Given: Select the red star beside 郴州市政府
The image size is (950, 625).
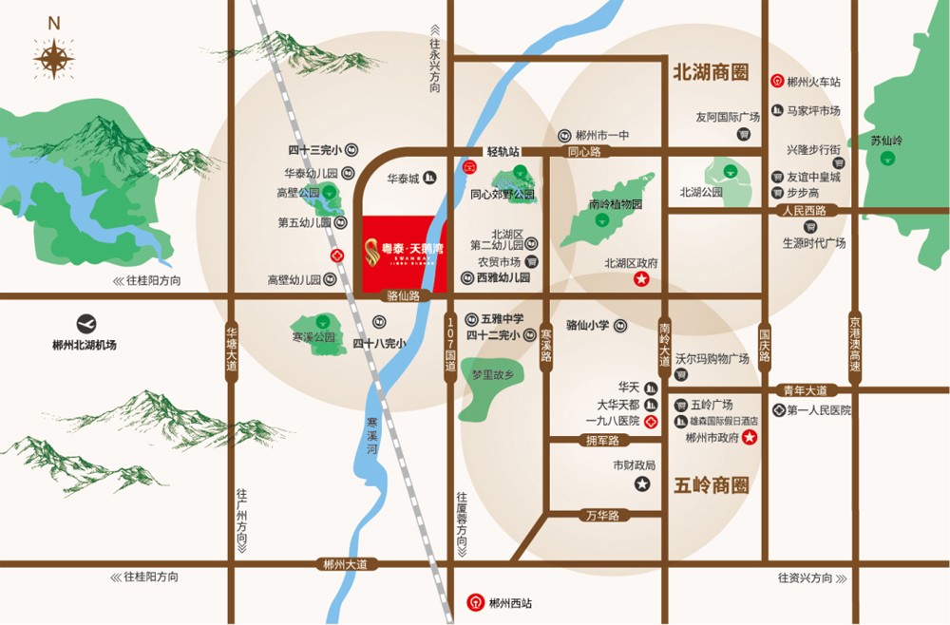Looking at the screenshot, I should [x=750, y=437].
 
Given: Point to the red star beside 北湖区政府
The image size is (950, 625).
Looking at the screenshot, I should [x=641, y=279].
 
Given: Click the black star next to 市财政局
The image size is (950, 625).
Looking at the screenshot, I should [x=641, y=484].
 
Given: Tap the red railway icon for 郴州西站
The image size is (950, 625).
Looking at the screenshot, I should [x=474, y=602].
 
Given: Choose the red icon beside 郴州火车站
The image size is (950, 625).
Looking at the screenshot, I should [x=776, y=82].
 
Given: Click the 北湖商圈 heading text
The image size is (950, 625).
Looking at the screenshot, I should [x=711, y=72].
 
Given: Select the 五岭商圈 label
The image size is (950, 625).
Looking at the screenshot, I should [x=711, y=485].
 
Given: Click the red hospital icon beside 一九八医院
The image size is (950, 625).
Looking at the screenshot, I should [x=651, y=421].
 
